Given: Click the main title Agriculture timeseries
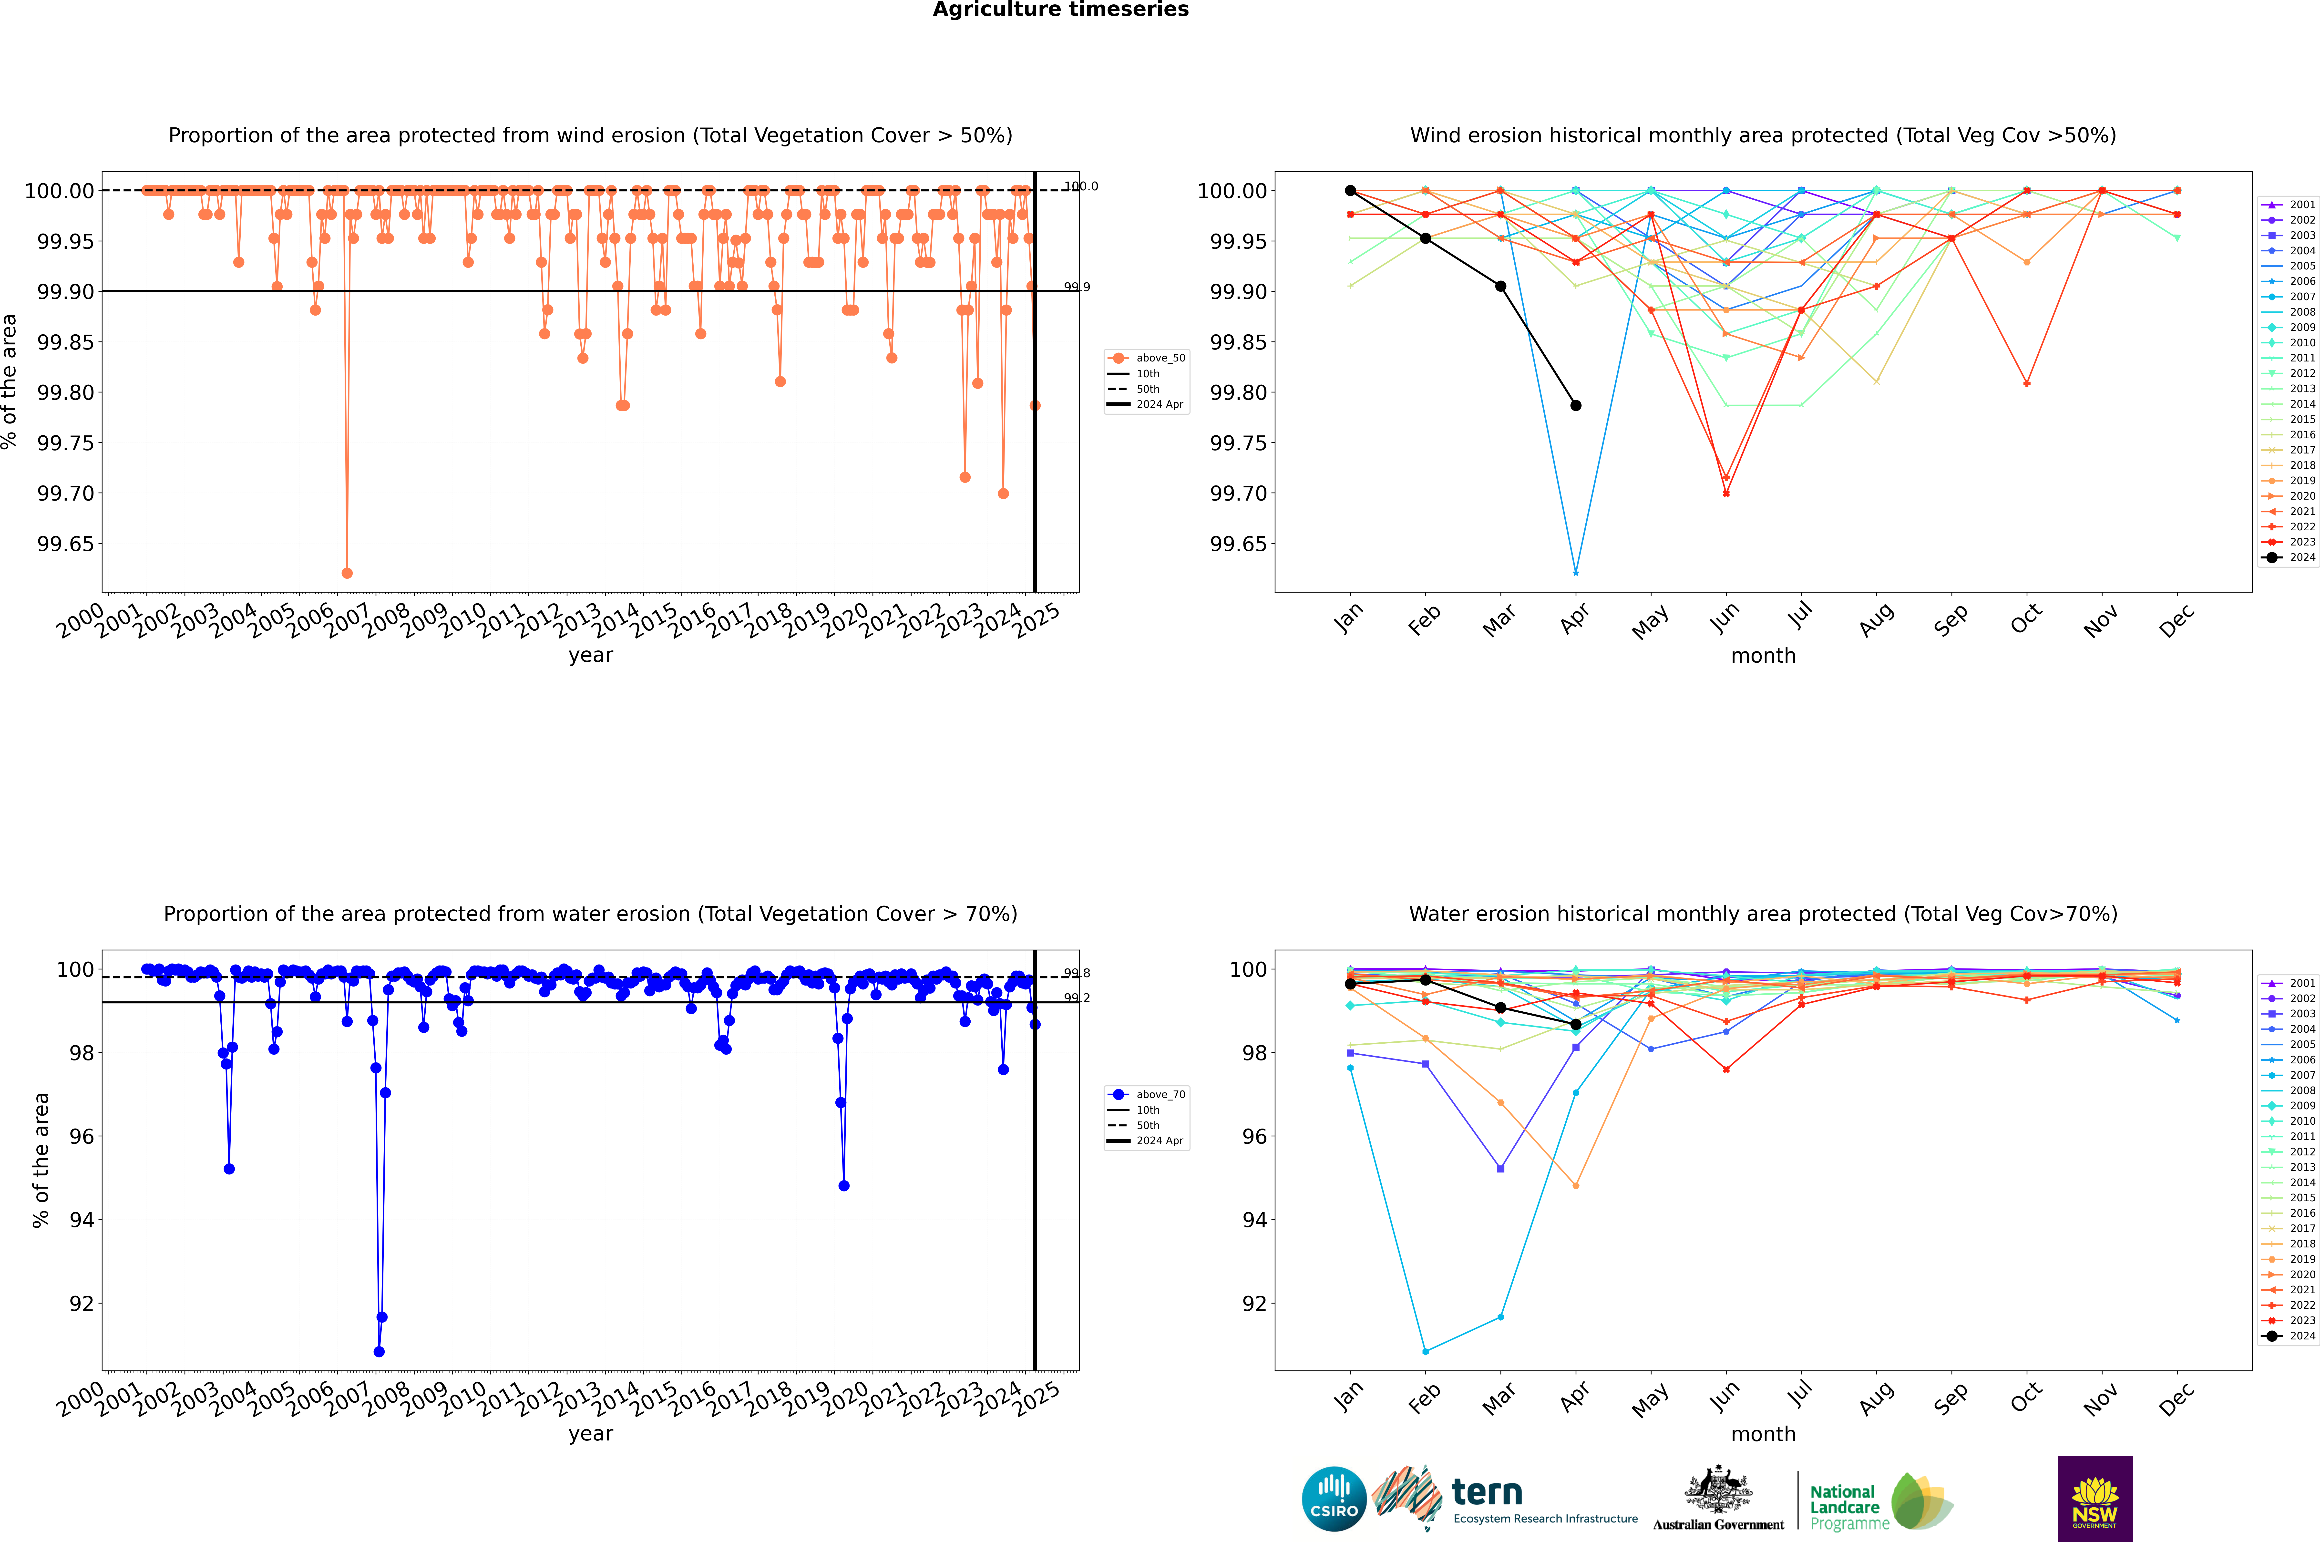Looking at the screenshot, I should pos(1060,10).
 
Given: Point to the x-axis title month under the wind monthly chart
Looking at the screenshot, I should pos(1762,656).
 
